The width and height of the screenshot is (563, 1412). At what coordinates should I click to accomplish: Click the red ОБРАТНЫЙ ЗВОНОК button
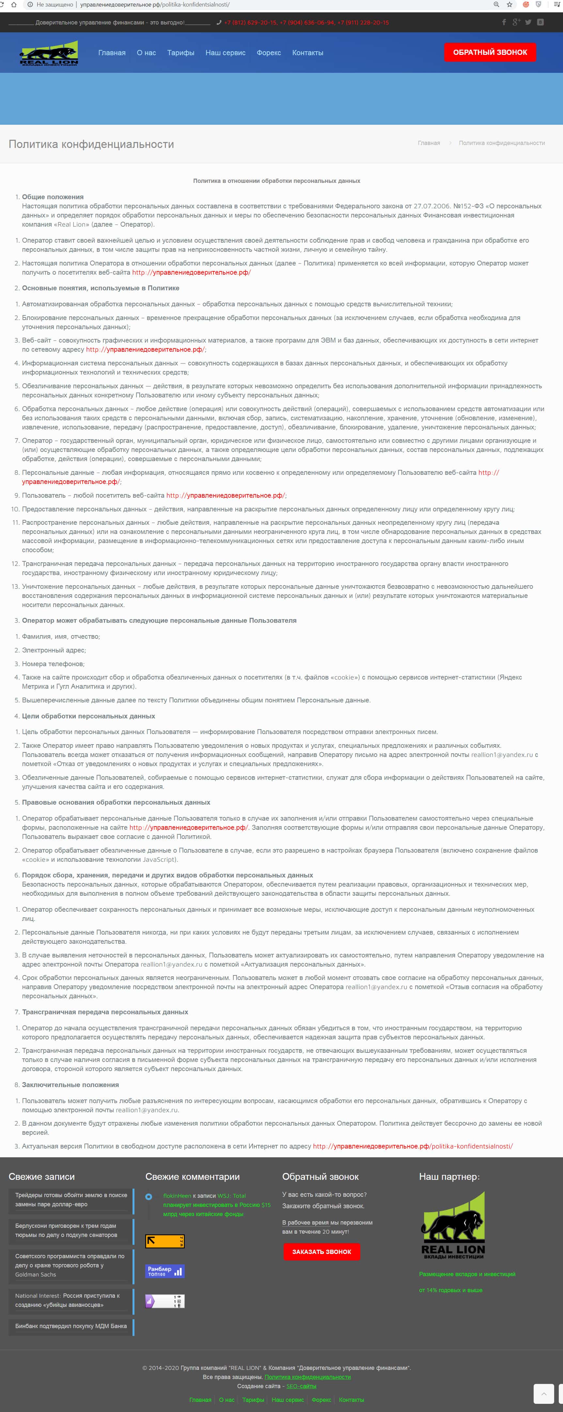click(x=490, y=53)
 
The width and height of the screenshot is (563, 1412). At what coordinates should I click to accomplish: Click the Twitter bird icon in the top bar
click(x=528, y=23)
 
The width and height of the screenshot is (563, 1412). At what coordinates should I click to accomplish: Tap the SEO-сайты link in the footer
click(x=301, y=1386)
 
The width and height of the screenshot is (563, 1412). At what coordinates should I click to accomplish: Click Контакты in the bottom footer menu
click(x=351, y=1399)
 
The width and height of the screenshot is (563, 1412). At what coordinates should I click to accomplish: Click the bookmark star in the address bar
click(x=510, y=4)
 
